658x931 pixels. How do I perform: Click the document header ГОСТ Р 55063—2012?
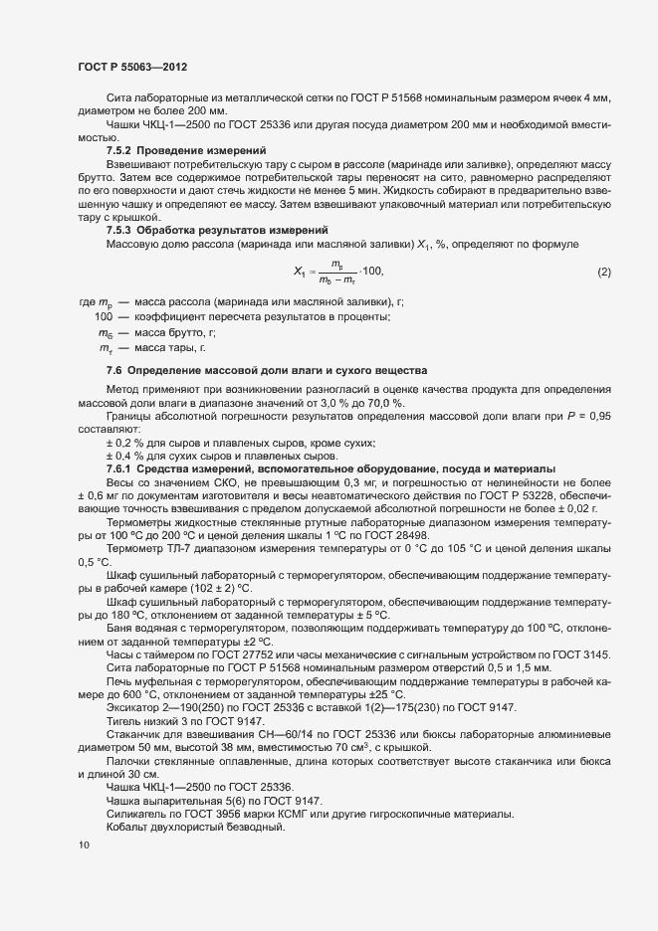[x=132, y=66]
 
